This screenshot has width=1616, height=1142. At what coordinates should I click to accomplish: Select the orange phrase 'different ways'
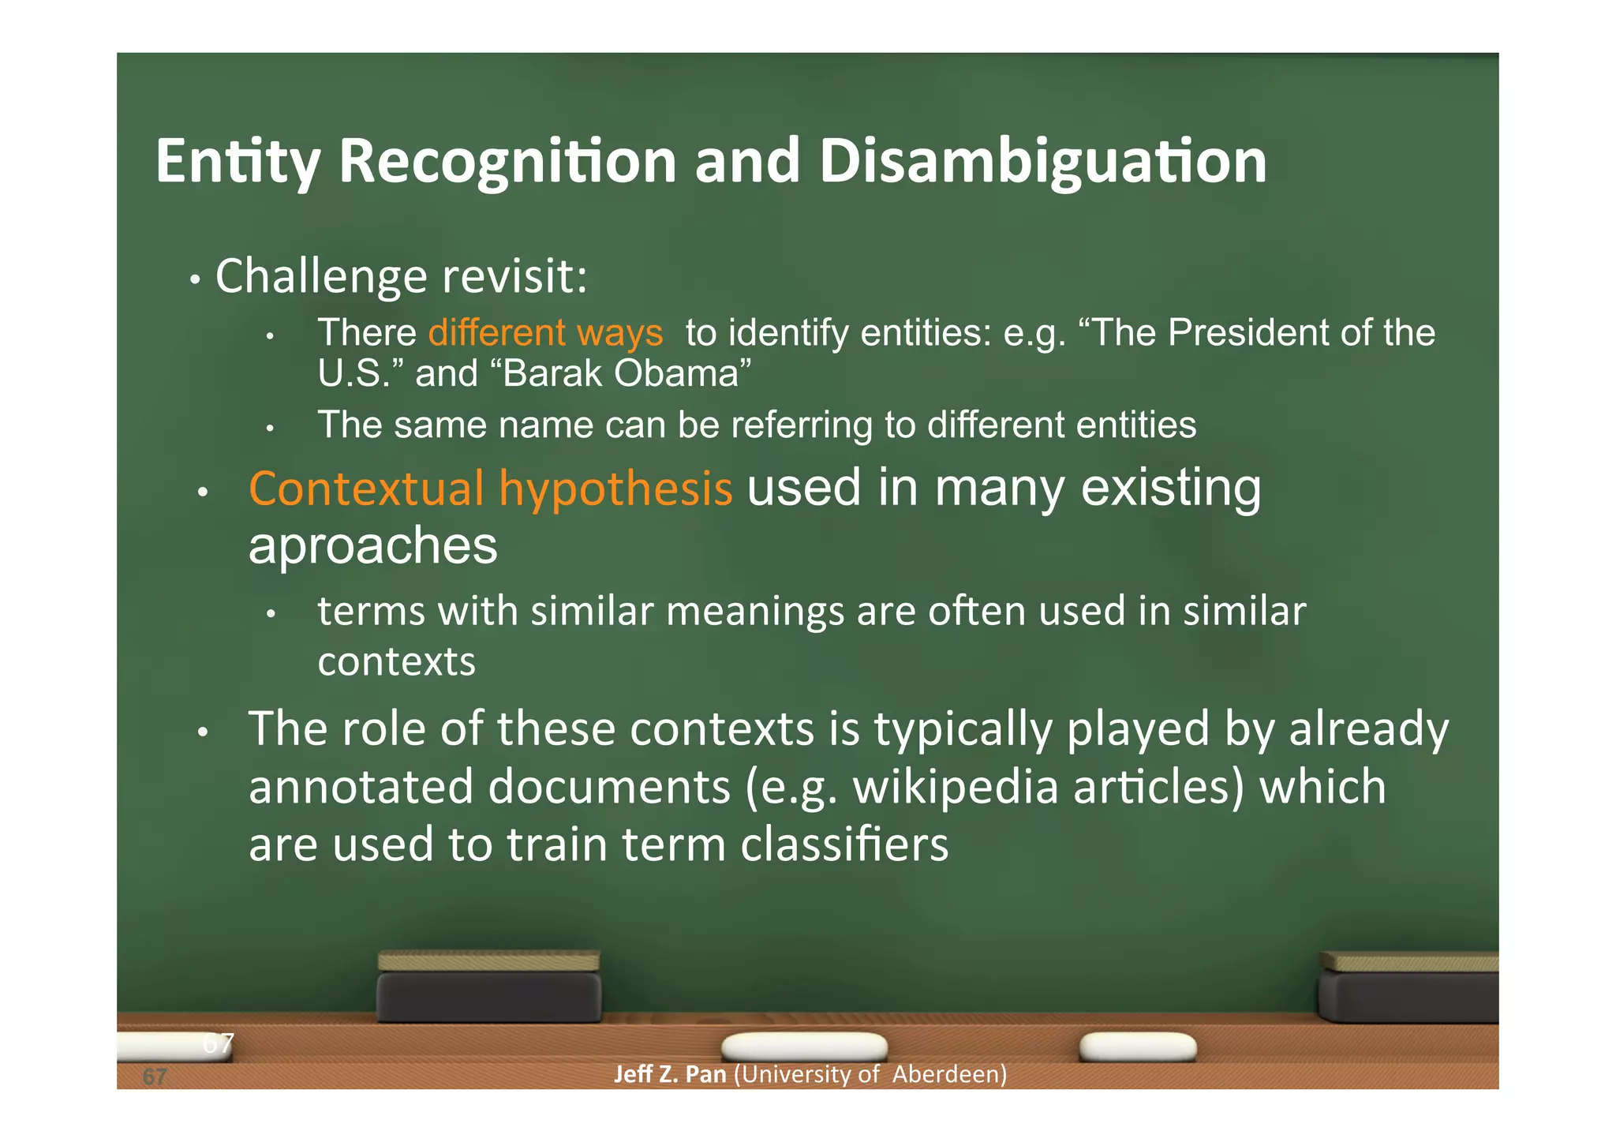click(545, 332)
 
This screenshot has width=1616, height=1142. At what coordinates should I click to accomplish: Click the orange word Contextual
click(366, 489)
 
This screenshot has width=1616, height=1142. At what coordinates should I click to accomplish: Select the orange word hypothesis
click(615, 489)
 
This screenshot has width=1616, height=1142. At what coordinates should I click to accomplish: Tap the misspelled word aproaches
click(372, 546)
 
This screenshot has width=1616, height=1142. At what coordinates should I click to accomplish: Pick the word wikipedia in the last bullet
click(955, 788)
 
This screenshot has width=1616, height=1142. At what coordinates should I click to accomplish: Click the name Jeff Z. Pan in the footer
click(670, 1074)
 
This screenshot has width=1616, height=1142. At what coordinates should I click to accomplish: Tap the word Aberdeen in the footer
click(949, 1074)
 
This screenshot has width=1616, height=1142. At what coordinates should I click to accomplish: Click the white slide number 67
click(218, 1043)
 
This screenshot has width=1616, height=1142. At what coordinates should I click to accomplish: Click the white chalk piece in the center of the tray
click(803, 1047)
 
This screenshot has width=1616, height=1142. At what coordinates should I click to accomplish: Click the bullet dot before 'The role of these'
click(203, 732)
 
